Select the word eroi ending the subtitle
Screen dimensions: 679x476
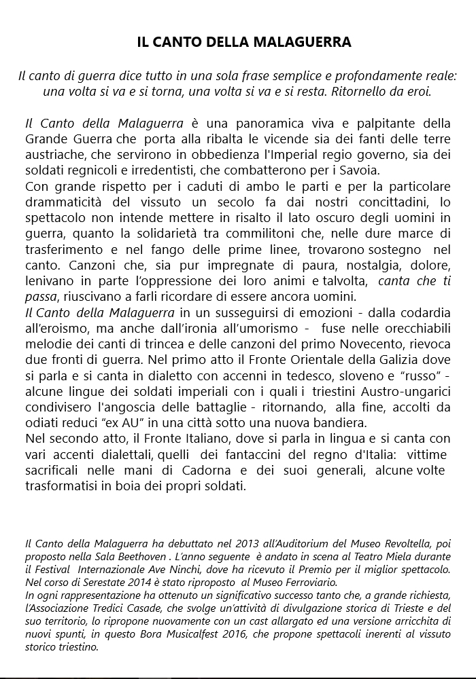point(418,90)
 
